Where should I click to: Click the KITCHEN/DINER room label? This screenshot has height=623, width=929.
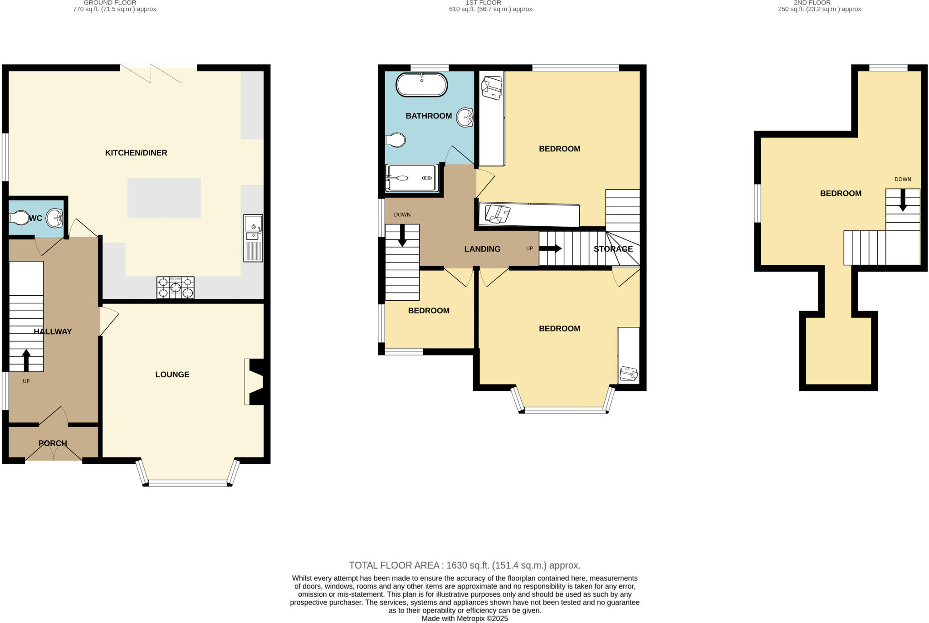tap(136, 153)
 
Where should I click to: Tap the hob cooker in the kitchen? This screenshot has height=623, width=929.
tap(176, 287)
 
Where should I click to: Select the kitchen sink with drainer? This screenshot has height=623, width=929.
tap(253, 238)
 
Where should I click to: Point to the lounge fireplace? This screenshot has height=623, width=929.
tap(257, 381)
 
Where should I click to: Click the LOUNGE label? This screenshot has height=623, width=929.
tap(172, 375)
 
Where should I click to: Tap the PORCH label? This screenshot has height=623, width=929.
tap(53, 443)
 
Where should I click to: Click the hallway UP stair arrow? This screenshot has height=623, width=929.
tap(26, 360)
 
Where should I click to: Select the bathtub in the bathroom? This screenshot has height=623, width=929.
tap(421, 85)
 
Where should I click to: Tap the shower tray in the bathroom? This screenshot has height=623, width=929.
tap(412, 178)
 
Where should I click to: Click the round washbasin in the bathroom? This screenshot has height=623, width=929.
tap(465, 117)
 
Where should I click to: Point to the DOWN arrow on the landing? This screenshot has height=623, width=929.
tap(402, 236)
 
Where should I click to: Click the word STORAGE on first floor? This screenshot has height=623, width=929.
tap(613, 249)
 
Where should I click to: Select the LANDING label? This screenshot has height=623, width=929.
tap(482, 249)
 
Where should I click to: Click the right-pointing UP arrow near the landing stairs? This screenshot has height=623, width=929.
tap(550, 248)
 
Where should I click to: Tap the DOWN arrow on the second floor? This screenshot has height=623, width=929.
tap(903, 200)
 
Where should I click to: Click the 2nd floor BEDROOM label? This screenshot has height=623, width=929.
tap(841, 194)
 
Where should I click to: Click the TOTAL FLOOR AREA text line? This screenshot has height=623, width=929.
tap(464, 565)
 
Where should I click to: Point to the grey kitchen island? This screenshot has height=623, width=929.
tap(164, 198)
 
